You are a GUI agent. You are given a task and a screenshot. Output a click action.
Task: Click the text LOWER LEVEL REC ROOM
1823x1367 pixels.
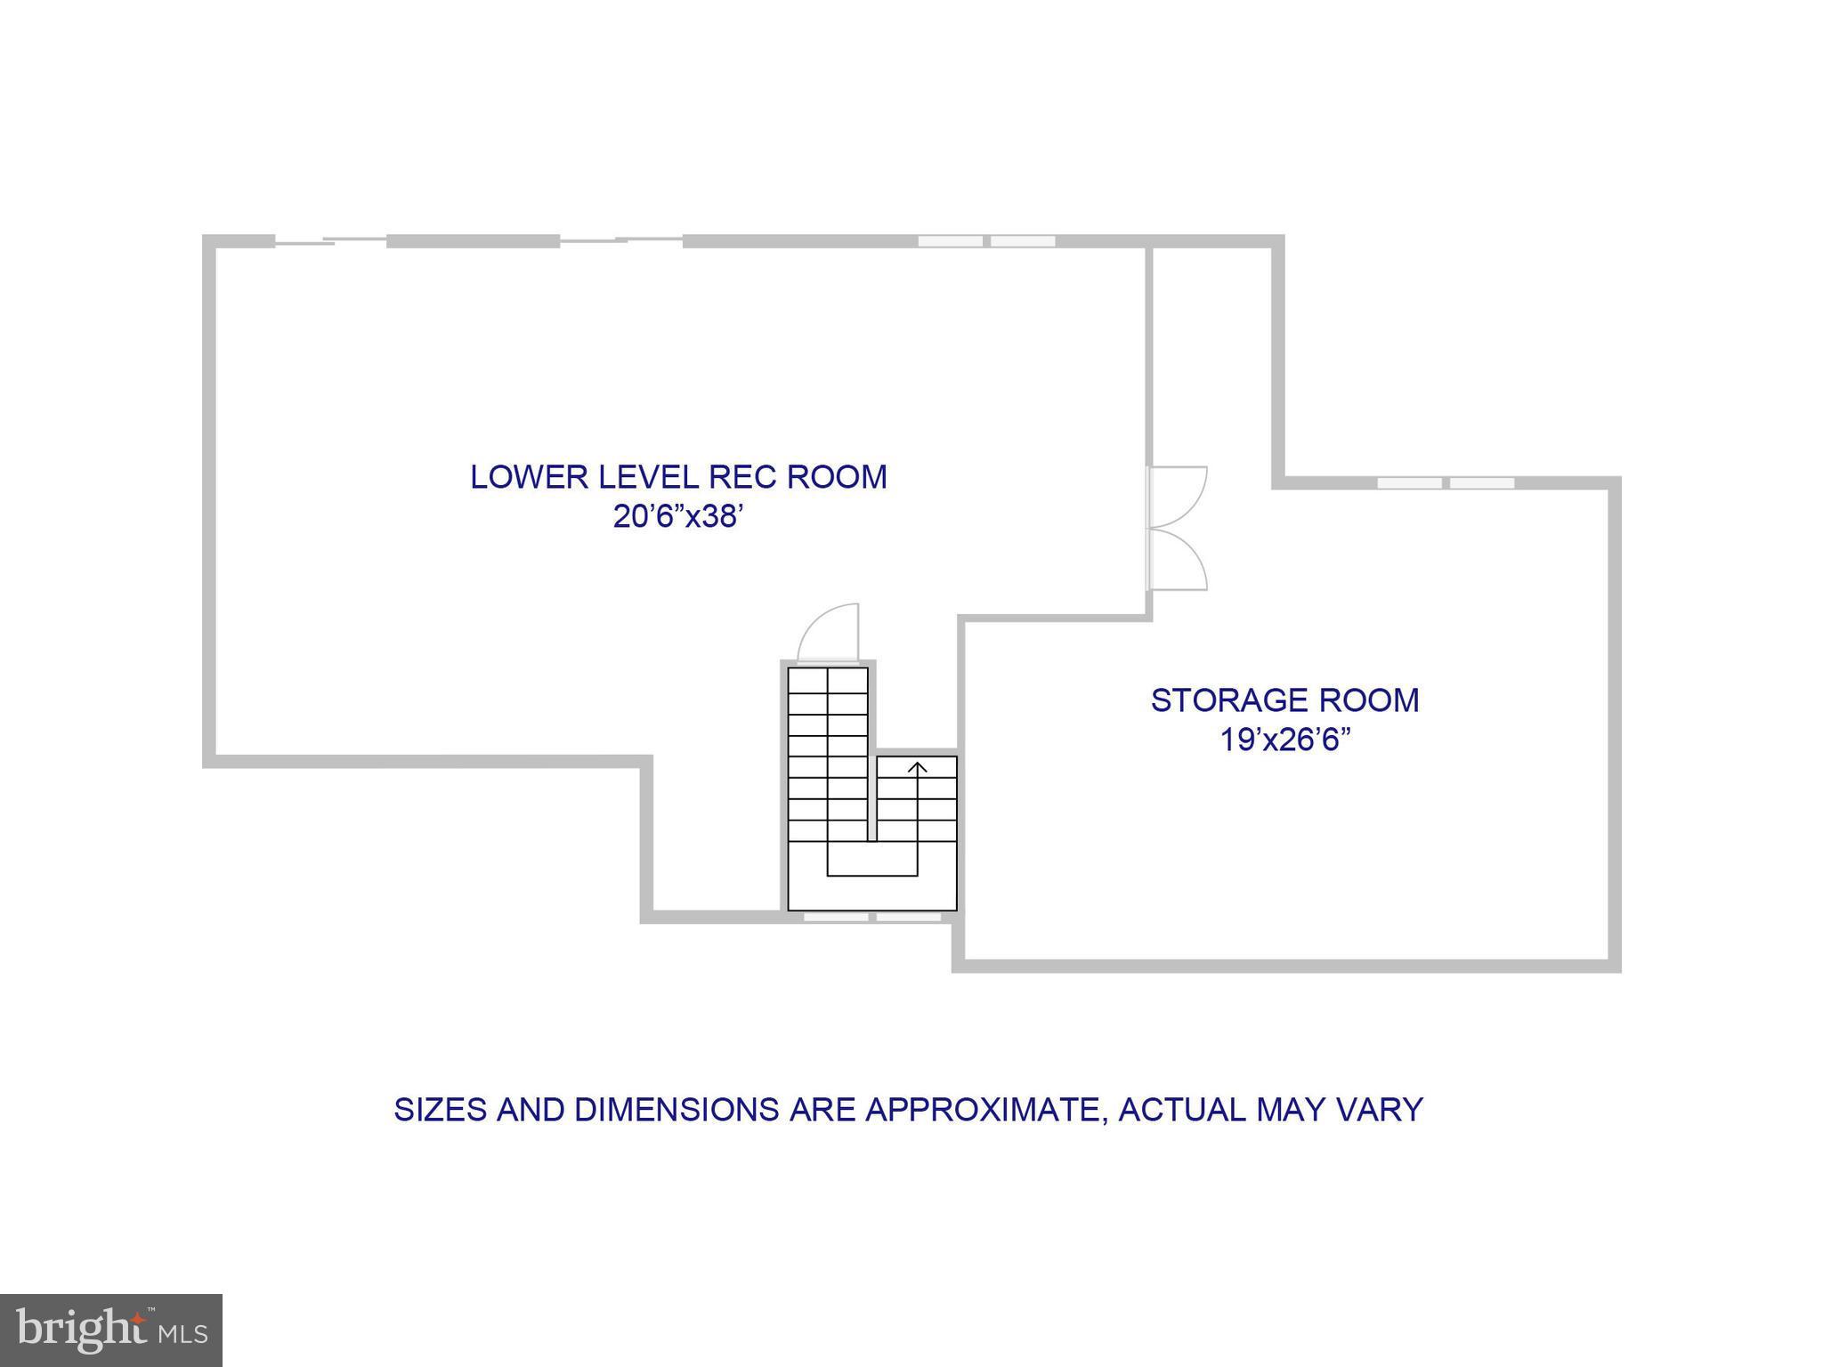click(678, 477)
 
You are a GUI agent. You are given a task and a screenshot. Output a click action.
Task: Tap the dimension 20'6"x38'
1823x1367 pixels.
click(678, 517)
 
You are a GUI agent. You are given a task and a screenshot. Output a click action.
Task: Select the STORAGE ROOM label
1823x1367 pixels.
click(1284, 700)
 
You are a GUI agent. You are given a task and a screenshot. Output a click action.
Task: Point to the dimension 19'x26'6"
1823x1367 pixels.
click(1284, 740)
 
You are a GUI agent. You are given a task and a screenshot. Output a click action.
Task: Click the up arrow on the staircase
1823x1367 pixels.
click(917, 768)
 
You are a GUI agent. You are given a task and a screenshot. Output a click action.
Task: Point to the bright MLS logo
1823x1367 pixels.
click(110, 1330)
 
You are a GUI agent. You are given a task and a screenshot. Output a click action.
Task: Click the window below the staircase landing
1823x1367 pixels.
click(872, 917)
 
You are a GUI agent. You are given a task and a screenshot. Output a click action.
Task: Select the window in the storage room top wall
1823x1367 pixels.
click(1446, 483)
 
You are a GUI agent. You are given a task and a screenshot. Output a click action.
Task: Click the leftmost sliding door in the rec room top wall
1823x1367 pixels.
click(330, 240)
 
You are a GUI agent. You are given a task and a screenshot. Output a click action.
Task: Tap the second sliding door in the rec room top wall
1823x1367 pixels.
click(620, 240)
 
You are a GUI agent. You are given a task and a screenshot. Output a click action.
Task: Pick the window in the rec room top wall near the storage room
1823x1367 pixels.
click(986, 241)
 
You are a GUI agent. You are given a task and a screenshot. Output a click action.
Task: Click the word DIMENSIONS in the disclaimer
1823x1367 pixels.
click(677, 1110)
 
